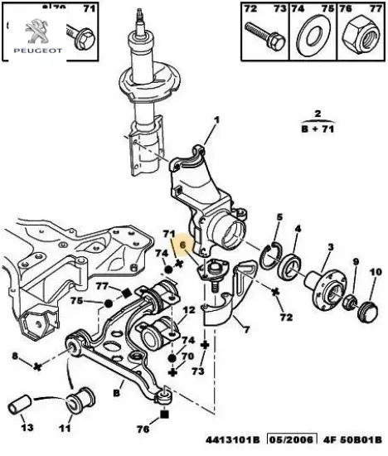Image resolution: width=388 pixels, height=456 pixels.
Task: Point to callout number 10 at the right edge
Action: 374,272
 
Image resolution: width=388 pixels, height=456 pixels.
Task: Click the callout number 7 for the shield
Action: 245,331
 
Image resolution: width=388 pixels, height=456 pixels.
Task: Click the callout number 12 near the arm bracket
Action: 189,311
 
